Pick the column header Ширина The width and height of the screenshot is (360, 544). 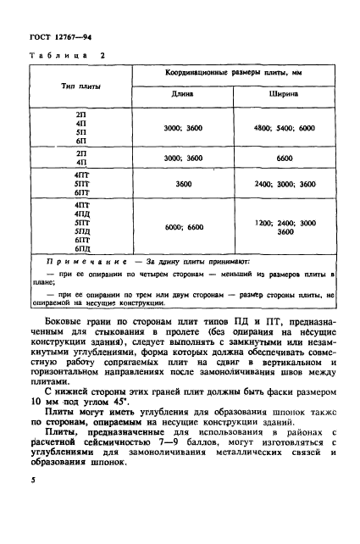tap(284, 96)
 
